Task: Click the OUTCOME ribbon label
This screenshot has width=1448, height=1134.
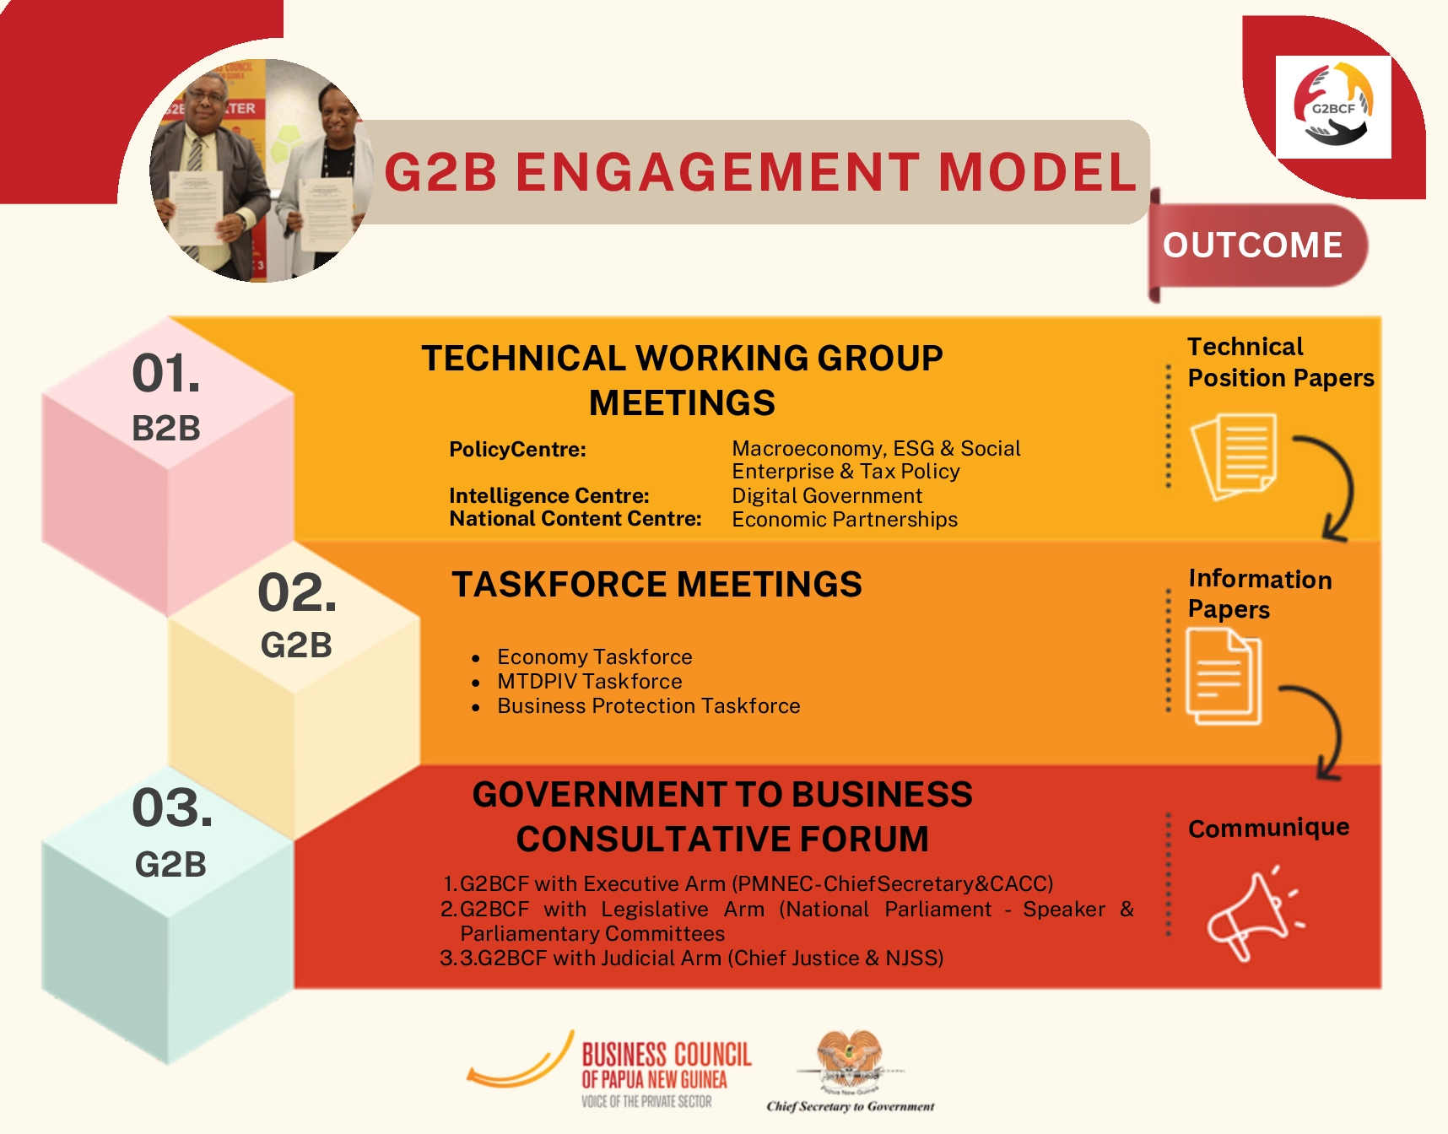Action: click(x=1252, y=246)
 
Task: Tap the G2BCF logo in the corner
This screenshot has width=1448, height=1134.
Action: click(x=1333, y=106)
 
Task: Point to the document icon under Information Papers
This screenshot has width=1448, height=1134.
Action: click(x=1224, y=677)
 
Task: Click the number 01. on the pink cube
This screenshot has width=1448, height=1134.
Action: click(x=166, y=373)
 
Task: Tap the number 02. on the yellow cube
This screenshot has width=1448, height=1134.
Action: click(x=297, y=592)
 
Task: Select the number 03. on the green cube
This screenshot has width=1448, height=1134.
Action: click(x=172, y=807)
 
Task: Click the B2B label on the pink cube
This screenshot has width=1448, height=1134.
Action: click(x=166, y=429)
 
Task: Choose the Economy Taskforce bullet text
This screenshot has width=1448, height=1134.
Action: click(x=594, y=656)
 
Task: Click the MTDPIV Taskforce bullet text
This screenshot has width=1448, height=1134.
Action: click(x=590, y=681)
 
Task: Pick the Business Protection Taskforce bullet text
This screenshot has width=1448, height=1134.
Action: click(x=648, y=705)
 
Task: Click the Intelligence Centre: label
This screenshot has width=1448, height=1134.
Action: click(x=549, y=495)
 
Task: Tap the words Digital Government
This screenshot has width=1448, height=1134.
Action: click(x=827, y=495)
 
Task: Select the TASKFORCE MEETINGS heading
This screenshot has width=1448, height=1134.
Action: click(x=656, y=585)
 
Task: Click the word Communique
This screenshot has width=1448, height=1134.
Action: click(x=1268, y=828)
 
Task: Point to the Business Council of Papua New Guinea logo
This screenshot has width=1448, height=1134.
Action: click(x=609, y=1070)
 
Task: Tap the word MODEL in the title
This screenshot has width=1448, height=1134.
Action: click(x=1038, y=172)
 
